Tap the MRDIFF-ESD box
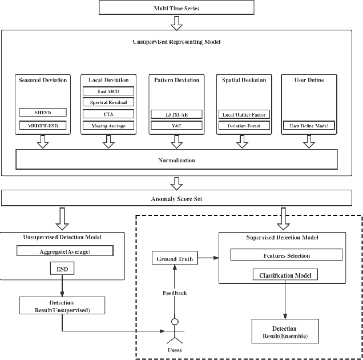[x=43, y=125]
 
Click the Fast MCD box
[x=108, y=91]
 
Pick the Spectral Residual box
[x=108, y=102]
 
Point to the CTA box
[x=108, y=114]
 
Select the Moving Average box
[x=108, y=125]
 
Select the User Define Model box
[x=309, y=125]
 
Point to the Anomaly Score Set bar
[x=181, y=198]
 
